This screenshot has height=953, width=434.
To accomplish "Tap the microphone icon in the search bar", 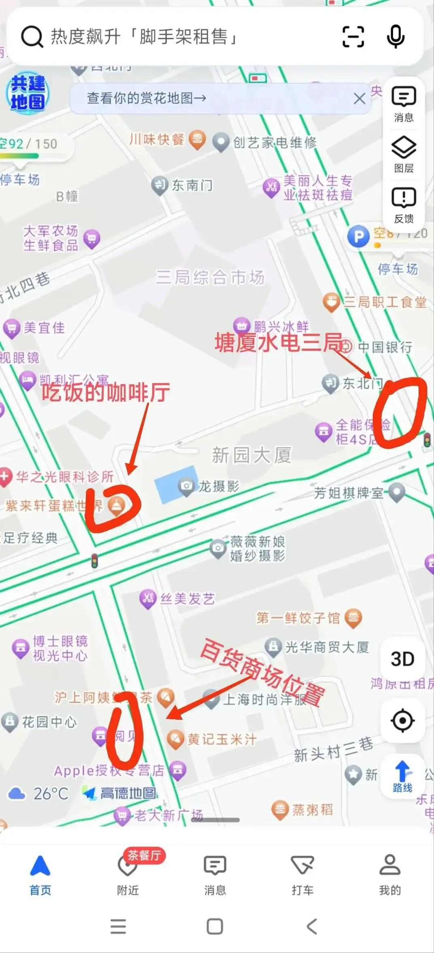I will pyautogui.click(x=396, y=37).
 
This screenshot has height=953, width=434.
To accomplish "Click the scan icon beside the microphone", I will pyautogui.click(x=353, y=37).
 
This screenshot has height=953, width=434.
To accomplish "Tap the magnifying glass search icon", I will pyautogui.click(x=32, y=37).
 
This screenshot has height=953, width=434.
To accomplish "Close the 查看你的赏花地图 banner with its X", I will pyautogui.click(x=359, y=98).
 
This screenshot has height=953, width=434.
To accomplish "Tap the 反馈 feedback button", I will pyautogui.click(x=404, y=205).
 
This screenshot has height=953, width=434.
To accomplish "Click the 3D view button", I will pyautogui.click(x=402, y=659).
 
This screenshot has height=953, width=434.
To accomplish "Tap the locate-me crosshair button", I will pyautogui.click(x=402, y=721).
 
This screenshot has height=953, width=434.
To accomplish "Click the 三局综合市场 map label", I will pyautogui.click(x=210, y=277).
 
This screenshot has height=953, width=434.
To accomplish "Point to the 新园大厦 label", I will pyautogui.click(x=251, y=455).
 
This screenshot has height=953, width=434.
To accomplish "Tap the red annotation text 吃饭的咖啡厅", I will pyautogui.click(x=106, y=392).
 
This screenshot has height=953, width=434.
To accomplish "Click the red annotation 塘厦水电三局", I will pyautogui.click(x=278, y=343).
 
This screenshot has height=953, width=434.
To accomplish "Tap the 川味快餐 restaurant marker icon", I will pyautogui.click(x=197, y=140).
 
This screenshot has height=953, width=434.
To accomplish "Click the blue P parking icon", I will pyautogui.click(x=358, y=237).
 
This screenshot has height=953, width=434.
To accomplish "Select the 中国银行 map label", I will pyautogui.click(x=385, y=347).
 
